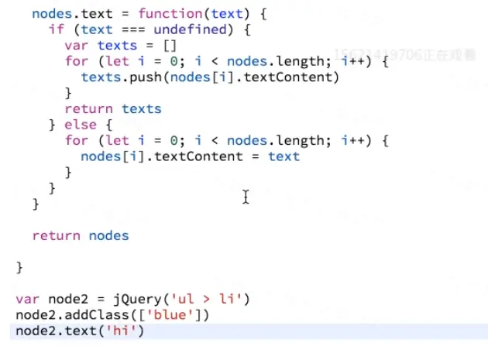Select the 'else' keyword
[x=81, y=125]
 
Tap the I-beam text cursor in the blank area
[x=246, y=197]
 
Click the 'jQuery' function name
[x=129, y=299]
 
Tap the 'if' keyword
[x=57, y=29]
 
